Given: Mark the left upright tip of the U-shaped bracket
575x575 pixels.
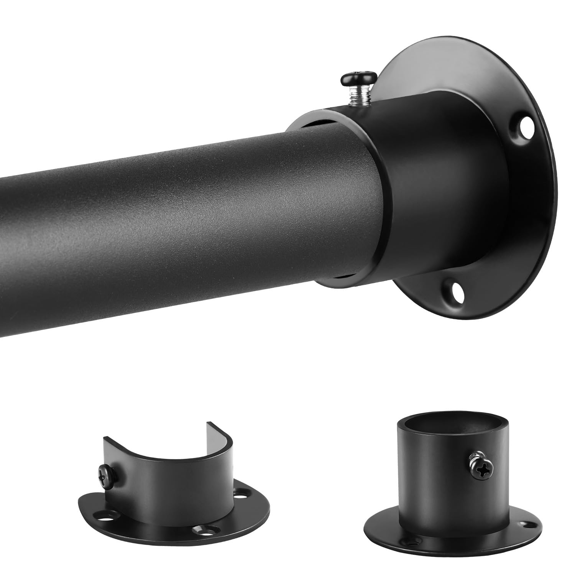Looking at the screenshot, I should pyautogui.click(x=105, y=441).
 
